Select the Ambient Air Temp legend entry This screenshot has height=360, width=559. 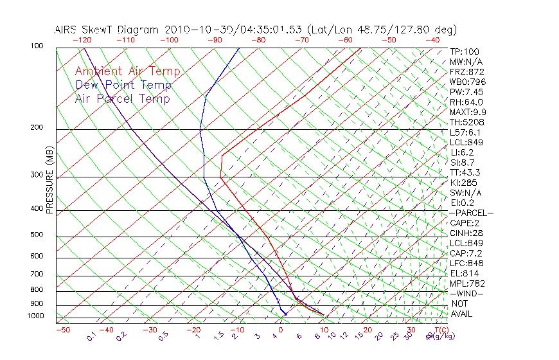(128, 71)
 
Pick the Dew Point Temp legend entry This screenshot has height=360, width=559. (123, 85)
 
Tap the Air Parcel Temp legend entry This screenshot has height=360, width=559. (123, 98)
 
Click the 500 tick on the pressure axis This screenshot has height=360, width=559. (36, 235)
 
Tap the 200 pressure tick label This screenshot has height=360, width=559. (36, 128)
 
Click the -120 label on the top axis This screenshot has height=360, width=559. (82, 40)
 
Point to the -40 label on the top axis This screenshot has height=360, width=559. (432, 40)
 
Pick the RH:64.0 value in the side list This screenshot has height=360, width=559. (466, 102)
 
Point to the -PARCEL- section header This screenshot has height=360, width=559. (472, 213)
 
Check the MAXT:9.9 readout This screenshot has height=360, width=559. (468, 113)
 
